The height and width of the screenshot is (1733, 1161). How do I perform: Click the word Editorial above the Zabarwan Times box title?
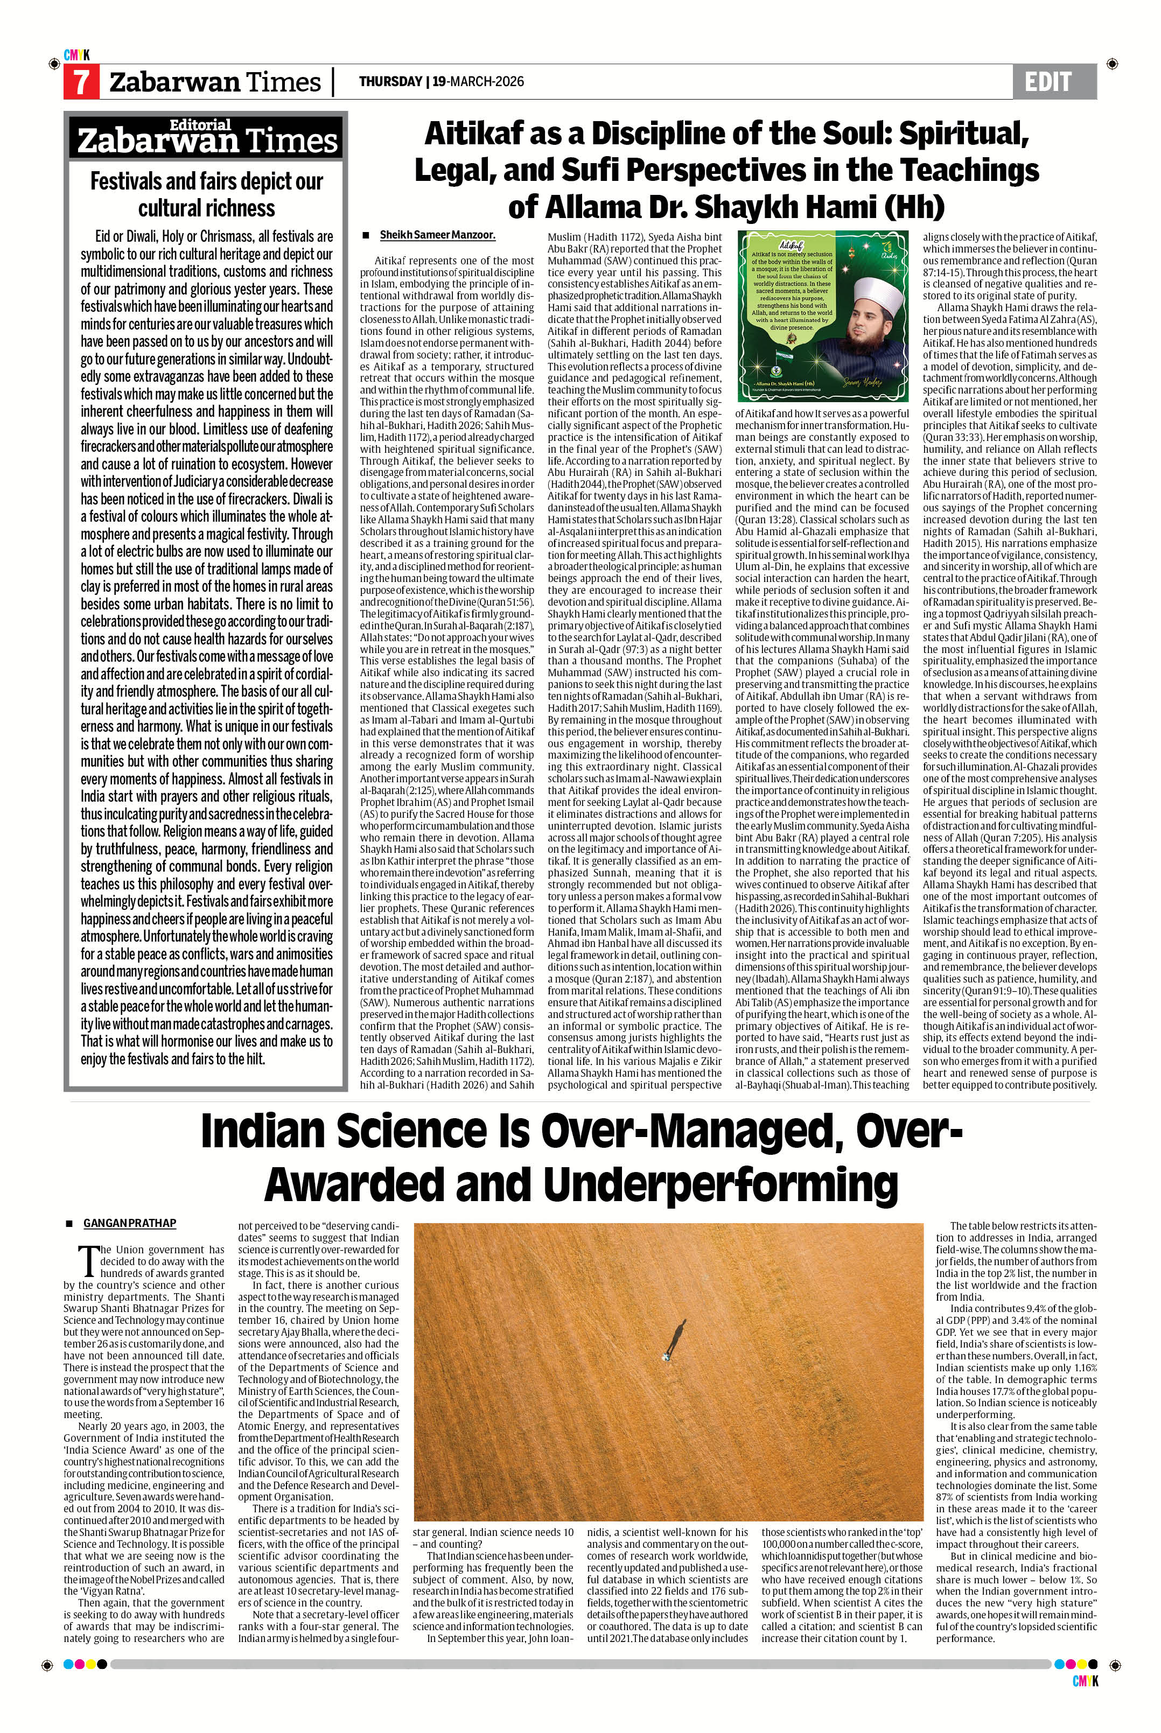[x=201, y=125]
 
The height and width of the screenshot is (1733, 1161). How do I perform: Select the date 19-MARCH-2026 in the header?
[x=478, y=81]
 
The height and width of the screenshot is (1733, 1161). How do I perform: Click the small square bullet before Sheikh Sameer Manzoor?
[x=366, y=235]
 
